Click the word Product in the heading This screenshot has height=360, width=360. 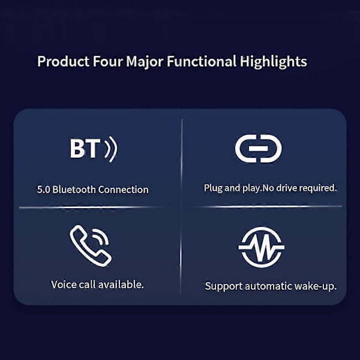pos(64,61)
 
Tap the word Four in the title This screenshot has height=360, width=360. pos(107,61)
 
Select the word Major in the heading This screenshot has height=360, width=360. pos(145,62)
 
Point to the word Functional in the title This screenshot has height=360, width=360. pos(202,61)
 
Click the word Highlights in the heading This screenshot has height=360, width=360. pos(273,62)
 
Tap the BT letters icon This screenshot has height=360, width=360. pos(85,149)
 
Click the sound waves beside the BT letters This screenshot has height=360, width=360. pos(111,149)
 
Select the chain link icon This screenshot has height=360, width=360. pos(258,149)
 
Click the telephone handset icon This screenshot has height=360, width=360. pos(91,245)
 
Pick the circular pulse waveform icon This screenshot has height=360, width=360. pos(261,247)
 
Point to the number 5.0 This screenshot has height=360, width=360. pos(43,190)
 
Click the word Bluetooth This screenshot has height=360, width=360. pos(74,190)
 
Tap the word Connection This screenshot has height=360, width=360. pos(123,190)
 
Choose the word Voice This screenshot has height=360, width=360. pos(64,284)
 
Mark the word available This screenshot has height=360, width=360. pos(121,284)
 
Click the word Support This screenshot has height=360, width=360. pos(223,287)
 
